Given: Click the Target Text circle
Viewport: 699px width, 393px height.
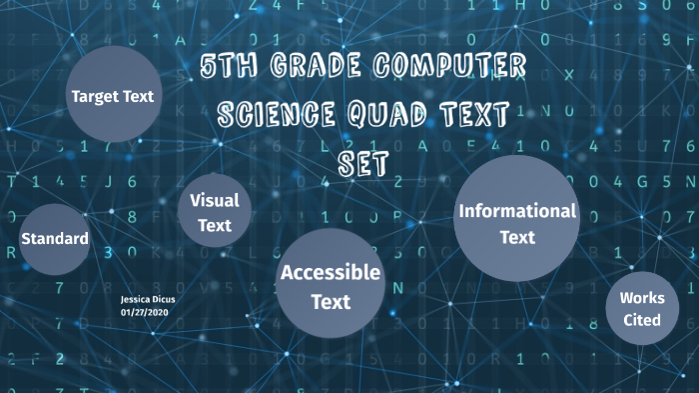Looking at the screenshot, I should coord(112,95).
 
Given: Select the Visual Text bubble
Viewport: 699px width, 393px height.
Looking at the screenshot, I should coord(215,213).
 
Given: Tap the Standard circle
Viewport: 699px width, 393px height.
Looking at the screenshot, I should coord(55,239).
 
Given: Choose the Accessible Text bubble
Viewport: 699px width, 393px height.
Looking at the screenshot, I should coord(331,284).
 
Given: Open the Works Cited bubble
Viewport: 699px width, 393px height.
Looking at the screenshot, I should coord(641,309).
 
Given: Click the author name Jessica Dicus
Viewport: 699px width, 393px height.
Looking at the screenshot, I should coord(147,299).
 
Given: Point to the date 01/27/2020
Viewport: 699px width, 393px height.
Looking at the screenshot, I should coord(146,312).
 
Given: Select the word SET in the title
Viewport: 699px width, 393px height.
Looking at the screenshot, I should coord(362,163).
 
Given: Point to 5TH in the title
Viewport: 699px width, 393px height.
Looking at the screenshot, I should coord(228,68).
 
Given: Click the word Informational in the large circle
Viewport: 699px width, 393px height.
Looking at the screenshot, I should coord(516,211).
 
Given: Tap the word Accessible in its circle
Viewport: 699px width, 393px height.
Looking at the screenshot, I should coord(331,272).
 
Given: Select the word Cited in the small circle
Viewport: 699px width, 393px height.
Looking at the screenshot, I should coord(641,320).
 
